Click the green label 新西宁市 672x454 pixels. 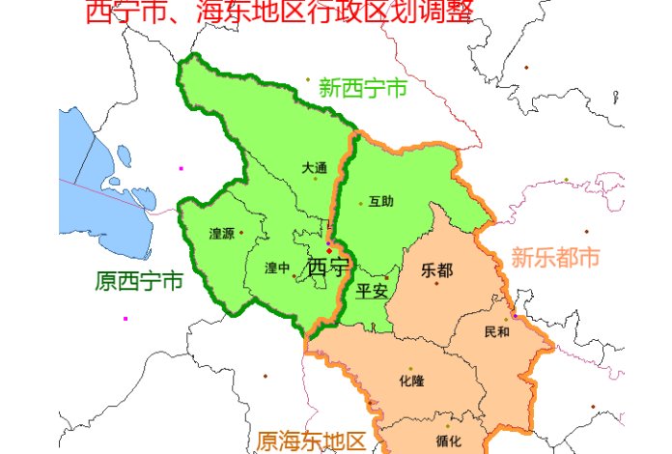362,89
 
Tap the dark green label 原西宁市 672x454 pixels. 139,282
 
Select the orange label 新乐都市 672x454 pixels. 555,258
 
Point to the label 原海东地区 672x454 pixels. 311,441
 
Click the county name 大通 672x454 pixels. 314,167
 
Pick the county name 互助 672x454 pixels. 380,202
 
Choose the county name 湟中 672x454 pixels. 277,269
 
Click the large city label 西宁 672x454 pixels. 327,268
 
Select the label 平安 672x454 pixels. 371,291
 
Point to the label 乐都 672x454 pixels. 436,270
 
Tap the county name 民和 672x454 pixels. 496,332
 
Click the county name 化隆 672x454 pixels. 410,382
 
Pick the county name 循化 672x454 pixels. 448,441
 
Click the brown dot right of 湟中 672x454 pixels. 294,276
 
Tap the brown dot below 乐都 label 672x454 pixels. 436,283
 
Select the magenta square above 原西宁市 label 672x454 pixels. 181,168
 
